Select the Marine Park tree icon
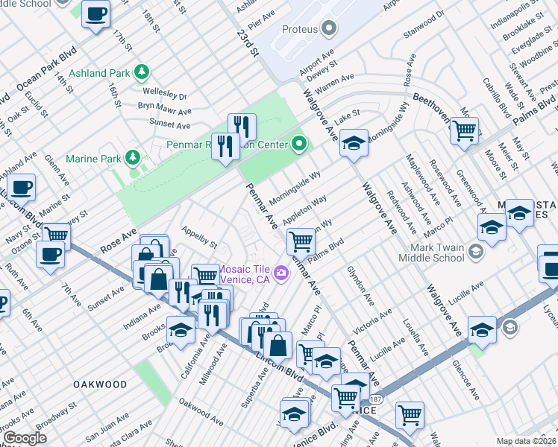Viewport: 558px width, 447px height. tap(132, 157)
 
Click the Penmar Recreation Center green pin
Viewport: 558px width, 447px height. tap(299, 143)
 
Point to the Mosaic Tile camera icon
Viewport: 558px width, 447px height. tap(281, 272)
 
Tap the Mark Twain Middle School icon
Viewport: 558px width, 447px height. tap(474, 251)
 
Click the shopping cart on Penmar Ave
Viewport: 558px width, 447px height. tap(301, 241)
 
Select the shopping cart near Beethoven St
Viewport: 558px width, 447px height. tap(465, 130)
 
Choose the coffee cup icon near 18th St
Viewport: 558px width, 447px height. tap(95, 13)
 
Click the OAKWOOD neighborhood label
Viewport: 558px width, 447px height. tap(100, 384)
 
